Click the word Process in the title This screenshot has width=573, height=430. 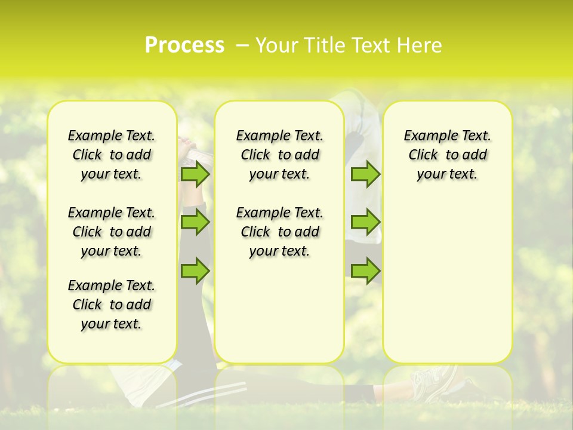click(184, 45)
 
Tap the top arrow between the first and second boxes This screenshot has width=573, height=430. click(195, 174)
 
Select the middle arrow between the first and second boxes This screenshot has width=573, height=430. click(195, 222)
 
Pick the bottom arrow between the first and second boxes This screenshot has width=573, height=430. click(195, 270)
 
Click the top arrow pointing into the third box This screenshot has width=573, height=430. click(365, 174)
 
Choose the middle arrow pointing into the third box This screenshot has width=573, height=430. click(365, 222)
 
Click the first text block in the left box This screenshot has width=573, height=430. click(112, 155)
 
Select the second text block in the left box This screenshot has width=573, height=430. click(112, 232)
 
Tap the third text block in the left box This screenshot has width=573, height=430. click(112, 305)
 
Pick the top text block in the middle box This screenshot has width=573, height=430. click(280, 155)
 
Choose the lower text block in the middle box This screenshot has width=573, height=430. click(280, 232)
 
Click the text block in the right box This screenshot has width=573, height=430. click(448, 155)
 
